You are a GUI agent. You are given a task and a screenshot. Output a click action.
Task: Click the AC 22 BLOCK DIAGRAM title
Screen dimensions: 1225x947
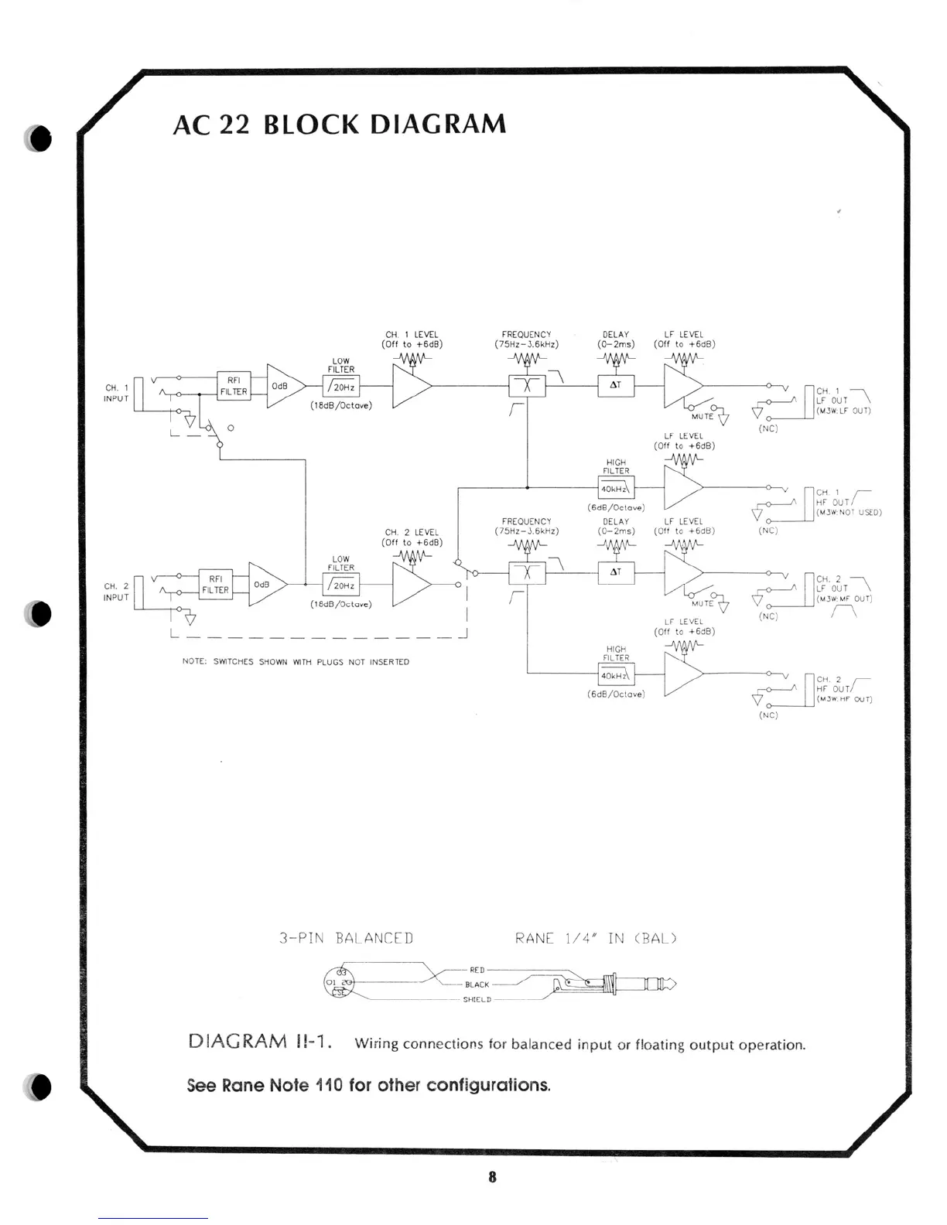pyautogui.click(x=340, y=125)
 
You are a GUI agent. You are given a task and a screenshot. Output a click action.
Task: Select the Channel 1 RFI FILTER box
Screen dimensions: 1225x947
pyautogui.click(x=234, y=386)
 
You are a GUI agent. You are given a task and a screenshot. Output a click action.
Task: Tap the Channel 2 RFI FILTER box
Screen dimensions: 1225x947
pyautogui.click(x=215, y=585)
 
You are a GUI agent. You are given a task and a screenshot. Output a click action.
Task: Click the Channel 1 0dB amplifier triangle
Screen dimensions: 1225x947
pyautogui.click(x=282, y=385)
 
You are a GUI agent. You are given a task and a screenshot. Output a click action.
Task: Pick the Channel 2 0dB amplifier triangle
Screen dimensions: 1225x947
pyautogui.click(x=264, y=585)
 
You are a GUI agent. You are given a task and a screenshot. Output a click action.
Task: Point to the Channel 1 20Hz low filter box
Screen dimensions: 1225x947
pyautogui.click(x=341, y=387)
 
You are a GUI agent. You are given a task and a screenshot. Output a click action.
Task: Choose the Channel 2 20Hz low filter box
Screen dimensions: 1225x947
pyautogui.click(x=341, y=585)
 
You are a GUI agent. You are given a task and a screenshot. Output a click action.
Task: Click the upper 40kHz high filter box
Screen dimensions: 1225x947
pyautogui.click(x=616, y=489)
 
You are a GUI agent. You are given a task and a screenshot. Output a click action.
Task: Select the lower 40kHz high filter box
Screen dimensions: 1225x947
pyautogui.click(x=616, y=675)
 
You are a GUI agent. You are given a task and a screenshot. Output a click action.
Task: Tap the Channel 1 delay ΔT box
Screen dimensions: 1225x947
pyautogui.click(x=616, y=385)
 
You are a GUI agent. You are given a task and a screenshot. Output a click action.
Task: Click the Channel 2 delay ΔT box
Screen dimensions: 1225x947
pyautogui.click(x=616, y=572)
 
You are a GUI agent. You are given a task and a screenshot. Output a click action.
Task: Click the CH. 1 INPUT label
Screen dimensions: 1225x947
pyautogui.click(x=116, y=393)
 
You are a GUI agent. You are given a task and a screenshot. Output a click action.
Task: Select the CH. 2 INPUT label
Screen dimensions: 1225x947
pyautogui.click(x=116, y=592)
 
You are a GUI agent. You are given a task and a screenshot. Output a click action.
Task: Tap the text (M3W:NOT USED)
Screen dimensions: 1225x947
pyautogui.click(x=849, y=512)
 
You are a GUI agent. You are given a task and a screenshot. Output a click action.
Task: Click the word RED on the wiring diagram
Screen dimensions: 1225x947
pyautogui.click(x=477, y=970)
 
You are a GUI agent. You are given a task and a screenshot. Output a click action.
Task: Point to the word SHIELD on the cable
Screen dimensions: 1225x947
pyautogui.click(x=477, y=1000)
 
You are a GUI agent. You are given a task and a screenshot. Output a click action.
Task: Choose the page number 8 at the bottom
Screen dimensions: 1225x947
pyautogui.click(x=492, y=1177)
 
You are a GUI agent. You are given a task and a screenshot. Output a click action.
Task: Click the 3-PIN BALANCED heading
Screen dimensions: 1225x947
pyautogui.click(x=346, y=939)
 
